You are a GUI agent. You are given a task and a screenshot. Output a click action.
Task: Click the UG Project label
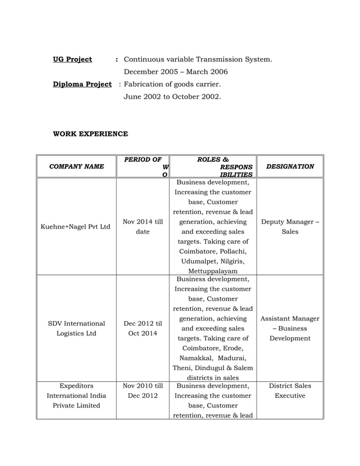pos(72,59)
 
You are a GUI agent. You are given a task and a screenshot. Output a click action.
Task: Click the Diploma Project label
pos(82,85)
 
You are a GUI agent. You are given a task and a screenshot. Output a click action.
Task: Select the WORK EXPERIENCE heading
pos(90,134)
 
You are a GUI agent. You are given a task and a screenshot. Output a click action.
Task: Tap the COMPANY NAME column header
pos(76,166)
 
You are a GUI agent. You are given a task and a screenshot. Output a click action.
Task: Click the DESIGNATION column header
pos(289,166)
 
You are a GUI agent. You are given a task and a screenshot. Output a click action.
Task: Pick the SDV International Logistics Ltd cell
pos(76,328)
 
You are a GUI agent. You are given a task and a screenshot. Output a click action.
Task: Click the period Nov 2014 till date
pos(143,227)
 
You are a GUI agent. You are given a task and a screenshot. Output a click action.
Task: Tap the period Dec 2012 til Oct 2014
pos(143,328)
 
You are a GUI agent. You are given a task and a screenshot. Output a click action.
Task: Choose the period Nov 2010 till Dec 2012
pos(143,390)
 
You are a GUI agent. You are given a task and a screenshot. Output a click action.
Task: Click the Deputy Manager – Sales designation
pos(289,227)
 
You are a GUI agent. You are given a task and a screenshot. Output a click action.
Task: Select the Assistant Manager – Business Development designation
pos(289,328)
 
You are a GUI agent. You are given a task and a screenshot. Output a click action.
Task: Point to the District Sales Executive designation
pos(289,390)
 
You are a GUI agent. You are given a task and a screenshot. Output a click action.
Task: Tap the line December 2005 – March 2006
pos(176,72)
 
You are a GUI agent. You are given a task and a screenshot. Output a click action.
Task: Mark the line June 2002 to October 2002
pos(173,97)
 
